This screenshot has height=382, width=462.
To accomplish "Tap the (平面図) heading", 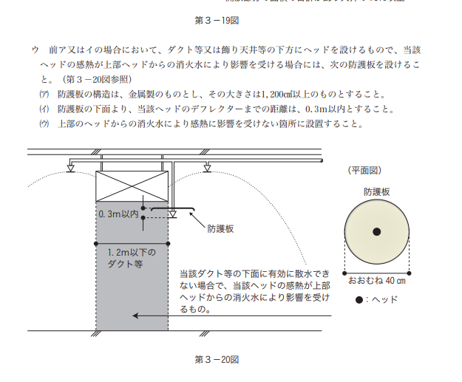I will click(364, 170).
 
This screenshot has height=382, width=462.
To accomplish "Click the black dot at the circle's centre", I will click(376, 232).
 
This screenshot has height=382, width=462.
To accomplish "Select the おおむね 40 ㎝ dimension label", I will click(376, 281).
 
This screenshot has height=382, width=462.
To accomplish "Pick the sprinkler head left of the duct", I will click(70, 168).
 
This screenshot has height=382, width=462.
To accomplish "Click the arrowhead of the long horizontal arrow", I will click(136, 316).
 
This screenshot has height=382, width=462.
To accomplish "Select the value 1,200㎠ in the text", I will click(276, 95).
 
